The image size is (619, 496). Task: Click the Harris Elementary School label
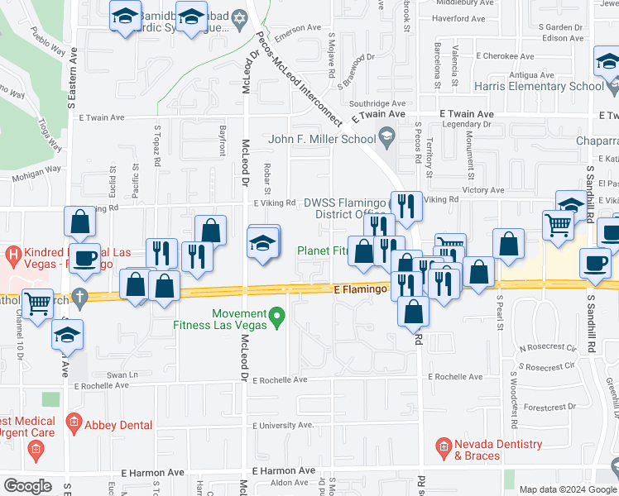pos(539,86)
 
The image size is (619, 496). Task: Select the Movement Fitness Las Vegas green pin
pos(278,315)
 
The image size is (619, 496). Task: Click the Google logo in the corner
pos(27,486)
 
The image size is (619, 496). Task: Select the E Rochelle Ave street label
pos(280,380)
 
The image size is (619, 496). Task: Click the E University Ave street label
pos(284,425)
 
